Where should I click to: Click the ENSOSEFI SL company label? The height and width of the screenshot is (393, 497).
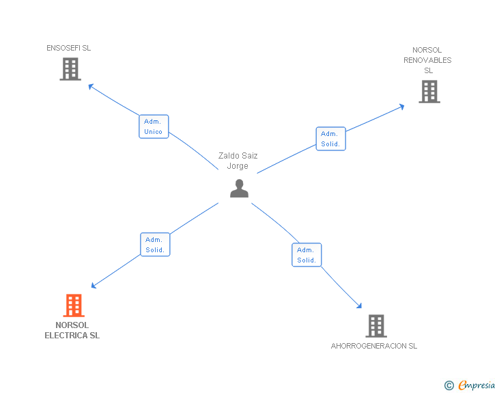(68, 48)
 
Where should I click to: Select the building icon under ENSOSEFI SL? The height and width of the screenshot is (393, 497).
(70, 69)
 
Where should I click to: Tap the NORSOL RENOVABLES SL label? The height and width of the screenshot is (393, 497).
(427, 60)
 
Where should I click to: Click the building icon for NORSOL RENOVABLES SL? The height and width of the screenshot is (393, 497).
(429, 92)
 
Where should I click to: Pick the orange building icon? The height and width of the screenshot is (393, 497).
(74, 306)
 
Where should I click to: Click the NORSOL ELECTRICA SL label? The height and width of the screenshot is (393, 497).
(72, 330)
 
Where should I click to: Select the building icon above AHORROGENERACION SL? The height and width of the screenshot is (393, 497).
(376, 326)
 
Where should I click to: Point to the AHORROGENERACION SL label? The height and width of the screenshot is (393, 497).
(374, 346)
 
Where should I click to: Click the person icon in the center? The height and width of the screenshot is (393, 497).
(240, 188)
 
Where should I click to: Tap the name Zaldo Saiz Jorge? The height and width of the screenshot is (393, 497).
(238, 161)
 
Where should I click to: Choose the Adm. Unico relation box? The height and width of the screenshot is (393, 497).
(154, 126)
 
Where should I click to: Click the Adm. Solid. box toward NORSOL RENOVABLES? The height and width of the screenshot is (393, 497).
(330, 139)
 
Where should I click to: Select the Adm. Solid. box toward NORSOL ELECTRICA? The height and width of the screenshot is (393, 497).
(155, 245)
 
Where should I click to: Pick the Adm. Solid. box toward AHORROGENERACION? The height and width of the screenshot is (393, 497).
(307, 255)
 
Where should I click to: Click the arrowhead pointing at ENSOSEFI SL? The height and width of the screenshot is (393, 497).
(91, 86)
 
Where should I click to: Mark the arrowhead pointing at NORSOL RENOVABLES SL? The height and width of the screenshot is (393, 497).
(402, 107)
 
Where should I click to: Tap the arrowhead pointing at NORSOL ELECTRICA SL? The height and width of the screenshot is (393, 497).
(94, 286)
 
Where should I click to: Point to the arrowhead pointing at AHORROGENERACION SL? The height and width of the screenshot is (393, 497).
(359, 306)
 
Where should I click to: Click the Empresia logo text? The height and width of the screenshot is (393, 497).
(477, 385)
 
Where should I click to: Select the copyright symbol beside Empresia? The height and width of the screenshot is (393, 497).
(449, 385)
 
